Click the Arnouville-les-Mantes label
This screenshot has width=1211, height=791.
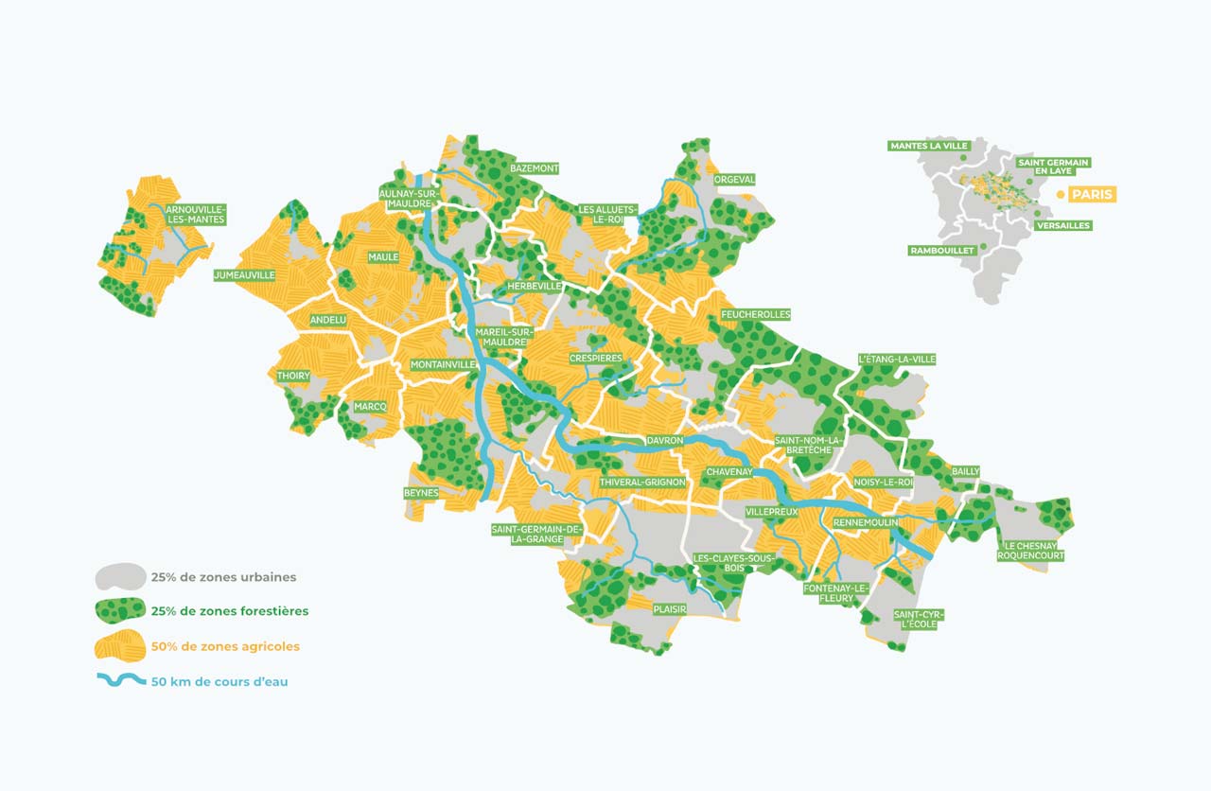tap(194, 214)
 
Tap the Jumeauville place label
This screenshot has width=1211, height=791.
tap(245, 275)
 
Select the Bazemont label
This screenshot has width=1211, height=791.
tap(534, 168)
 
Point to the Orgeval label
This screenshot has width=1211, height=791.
tap(734, 179)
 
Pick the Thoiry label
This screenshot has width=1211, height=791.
tap(293, 376)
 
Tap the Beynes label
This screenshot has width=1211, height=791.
tap(421, 493)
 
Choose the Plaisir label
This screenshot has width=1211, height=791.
tap(669, 610)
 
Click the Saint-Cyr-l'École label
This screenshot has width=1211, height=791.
tap(919, 620)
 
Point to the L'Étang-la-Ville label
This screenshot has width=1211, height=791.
tap(896, 360)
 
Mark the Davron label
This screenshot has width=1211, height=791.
tap(665, 441)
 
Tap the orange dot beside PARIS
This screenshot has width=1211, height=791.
tap(1060, 194)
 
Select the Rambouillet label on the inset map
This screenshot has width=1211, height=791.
tap(941, 251)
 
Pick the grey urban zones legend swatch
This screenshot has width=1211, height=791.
tap(120, 576)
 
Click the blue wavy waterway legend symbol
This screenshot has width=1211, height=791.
tap(120, 681)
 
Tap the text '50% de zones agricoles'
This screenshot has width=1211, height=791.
tap(224, 646)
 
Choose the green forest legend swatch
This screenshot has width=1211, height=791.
tap(120, 611)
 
